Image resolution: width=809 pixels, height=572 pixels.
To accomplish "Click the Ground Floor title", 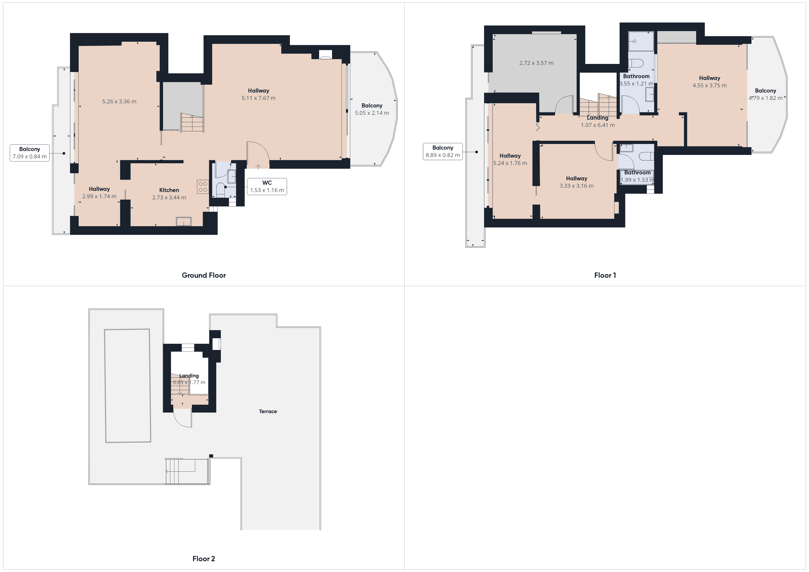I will coord(204,275).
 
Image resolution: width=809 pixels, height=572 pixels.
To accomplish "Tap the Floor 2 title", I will coord(204,559).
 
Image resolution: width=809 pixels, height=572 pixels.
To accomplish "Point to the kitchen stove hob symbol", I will coord(203,187).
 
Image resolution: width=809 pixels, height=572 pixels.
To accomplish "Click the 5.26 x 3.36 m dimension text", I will coord(119,102).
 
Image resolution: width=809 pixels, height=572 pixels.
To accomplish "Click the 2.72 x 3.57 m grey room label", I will coord(536,63).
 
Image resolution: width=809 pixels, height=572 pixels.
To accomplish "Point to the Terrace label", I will coord(268,411).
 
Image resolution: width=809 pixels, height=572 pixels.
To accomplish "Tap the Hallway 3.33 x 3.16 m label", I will coord(576,182).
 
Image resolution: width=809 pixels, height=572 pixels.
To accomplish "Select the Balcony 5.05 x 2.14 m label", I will coord(372,109).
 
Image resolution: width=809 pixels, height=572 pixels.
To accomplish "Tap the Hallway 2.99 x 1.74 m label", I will coord(99,193).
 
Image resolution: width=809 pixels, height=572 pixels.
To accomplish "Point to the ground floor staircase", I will coord(192,123).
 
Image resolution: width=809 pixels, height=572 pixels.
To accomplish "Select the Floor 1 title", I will coord(605,275).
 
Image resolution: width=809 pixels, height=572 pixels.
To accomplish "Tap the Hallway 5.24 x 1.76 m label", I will coord(510,159).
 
